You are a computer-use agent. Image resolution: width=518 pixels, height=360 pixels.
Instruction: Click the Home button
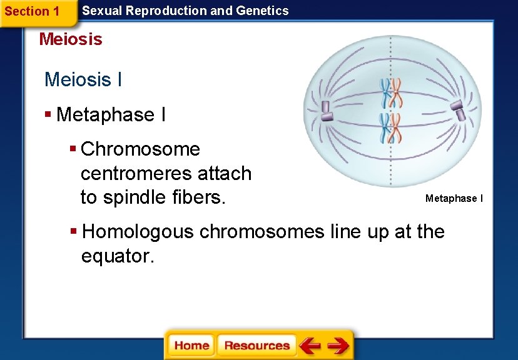click(191, 346)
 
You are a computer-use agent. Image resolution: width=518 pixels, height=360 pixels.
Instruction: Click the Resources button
click(256, 346)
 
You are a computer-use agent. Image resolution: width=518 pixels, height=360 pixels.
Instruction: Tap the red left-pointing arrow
click(309, 346)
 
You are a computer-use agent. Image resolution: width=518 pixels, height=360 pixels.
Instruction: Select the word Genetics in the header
click(263, 11)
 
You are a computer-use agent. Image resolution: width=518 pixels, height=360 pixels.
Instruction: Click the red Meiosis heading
click(71, 39)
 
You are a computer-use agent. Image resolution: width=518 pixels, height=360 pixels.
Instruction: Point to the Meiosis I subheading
click(83, 80)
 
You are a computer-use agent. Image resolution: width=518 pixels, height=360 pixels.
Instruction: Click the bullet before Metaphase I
click(48, 115)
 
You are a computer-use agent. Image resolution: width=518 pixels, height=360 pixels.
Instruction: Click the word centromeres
click(166, 173)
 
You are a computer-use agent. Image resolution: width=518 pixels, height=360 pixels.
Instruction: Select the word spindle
click(133, 197)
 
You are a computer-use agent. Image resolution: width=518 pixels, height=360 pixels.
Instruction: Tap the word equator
click(117, 256)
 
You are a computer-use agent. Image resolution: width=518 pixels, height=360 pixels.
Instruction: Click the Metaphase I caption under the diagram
click(454, 199)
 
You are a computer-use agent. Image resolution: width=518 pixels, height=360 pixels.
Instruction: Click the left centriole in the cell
click(326, 111)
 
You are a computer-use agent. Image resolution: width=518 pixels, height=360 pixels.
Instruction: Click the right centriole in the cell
click(458, 111)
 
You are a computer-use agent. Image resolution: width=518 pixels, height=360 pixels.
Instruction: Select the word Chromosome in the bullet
click(140, 149)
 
